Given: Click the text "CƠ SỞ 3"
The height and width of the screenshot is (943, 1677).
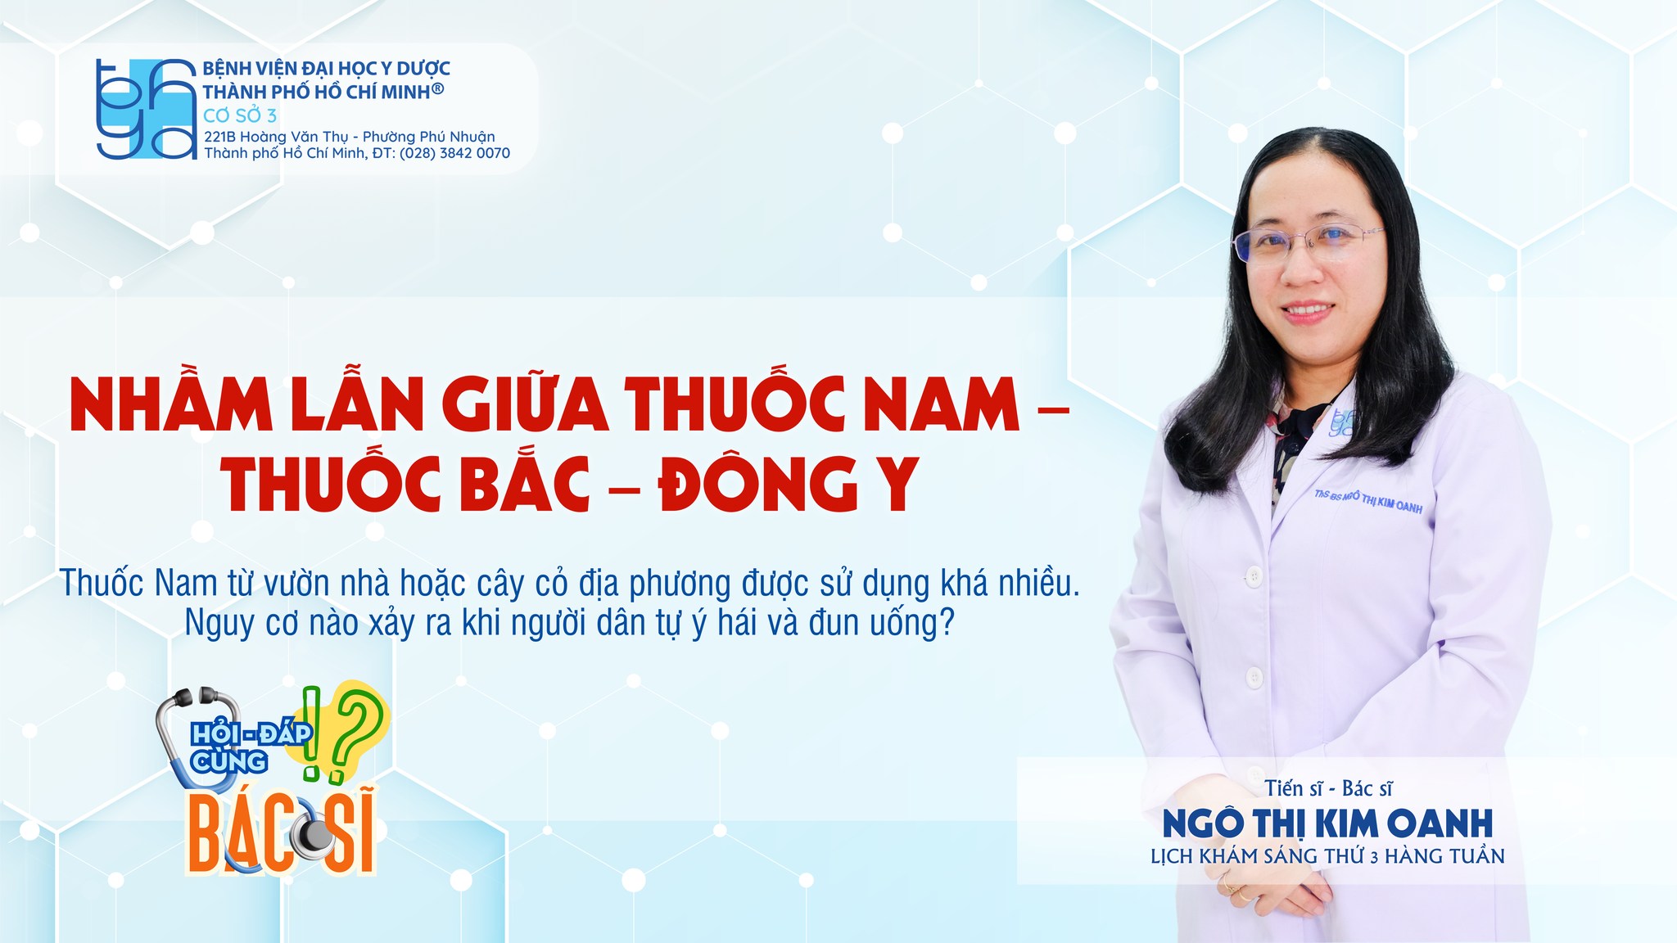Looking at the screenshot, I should tap(240, 115).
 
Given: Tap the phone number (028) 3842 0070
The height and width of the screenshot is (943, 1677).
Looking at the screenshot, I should tap(454, 153).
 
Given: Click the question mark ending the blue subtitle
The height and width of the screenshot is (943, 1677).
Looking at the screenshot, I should tap(946, 623).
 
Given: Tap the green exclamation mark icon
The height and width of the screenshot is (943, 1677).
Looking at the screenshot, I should tap(311, 733).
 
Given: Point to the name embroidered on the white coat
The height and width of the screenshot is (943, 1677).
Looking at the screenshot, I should tap(1368, 501).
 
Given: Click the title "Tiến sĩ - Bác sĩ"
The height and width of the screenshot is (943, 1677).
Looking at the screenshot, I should tap(1327, 788).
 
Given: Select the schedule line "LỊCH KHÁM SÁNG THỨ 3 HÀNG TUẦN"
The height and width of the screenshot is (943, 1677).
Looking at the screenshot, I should tap(1327, 856).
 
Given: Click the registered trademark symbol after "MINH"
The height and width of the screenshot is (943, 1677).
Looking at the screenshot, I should tap(438, 88).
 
